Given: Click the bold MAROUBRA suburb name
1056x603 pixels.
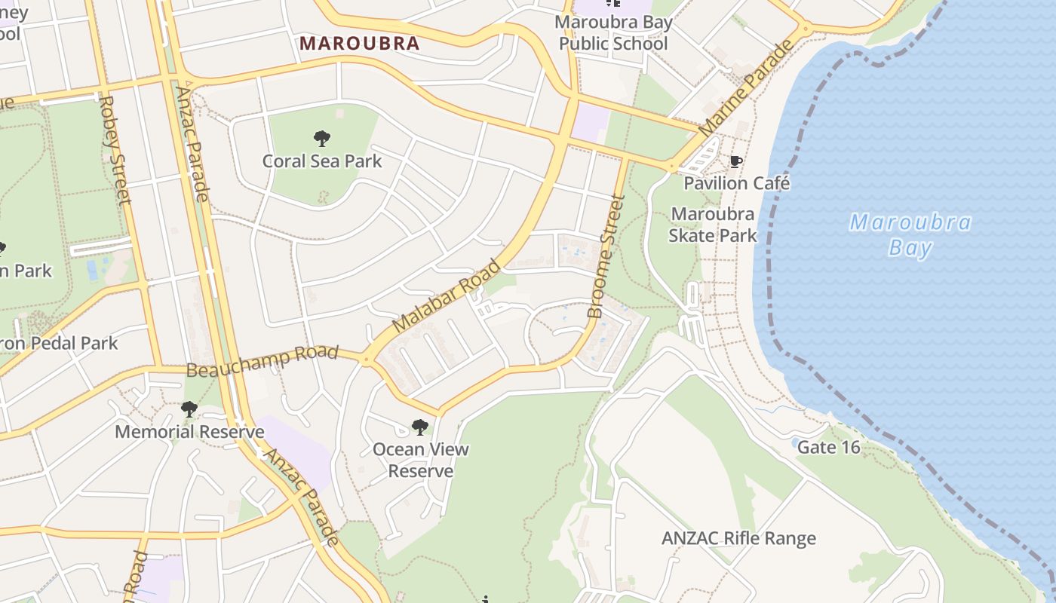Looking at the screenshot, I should (359, 43).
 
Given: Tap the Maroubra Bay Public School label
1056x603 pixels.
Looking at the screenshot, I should (613, 33).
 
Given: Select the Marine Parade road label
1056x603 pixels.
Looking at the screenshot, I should (746, 87).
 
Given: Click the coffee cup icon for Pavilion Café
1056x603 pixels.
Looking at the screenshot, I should (736, 161).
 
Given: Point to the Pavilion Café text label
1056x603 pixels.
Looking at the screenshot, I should (736, 183).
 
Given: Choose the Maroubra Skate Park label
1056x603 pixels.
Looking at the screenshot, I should (713, 225).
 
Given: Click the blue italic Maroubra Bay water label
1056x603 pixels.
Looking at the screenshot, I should (910, 234).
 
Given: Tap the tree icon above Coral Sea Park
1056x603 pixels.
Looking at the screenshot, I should (322, 139).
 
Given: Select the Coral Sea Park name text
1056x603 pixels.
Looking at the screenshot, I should (322, 161).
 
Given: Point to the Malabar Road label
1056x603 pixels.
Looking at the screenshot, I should (447, 295).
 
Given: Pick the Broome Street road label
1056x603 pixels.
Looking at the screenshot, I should (606, 256).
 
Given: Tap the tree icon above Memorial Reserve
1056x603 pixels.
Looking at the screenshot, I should (189, 410).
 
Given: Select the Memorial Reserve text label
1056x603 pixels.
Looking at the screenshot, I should (189, 432).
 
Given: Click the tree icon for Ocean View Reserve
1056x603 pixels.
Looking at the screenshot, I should (420, 427).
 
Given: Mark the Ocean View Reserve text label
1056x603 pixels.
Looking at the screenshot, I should (420, 460).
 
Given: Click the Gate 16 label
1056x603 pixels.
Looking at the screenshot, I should (828, 447).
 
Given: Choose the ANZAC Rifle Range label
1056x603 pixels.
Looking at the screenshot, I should (738, 538).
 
